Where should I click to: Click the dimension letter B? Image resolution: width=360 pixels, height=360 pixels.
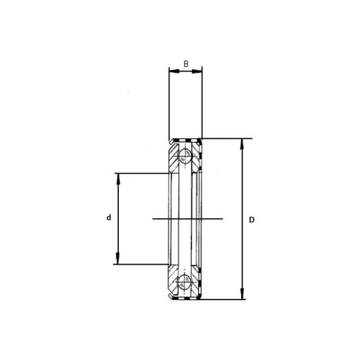coord(186,64)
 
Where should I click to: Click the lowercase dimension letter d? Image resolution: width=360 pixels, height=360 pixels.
coord(109,217)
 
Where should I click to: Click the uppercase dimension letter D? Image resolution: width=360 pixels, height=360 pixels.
coord(251,220)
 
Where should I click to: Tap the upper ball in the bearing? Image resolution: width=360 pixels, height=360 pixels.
coord(185,156)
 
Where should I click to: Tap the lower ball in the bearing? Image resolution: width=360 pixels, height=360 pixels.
coord(185,281)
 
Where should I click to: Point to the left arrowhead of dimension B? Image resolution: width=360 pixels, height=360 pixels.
coord(174,71)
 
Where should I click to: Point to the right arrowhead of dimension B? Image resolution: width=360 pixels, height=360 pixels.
coord(197,71)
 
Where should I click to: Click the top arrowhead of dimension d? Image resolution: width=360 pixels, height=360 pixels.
coord(118,179)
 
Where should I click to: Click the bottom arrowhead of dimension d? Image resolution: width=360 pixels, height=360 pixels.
coord(118,258)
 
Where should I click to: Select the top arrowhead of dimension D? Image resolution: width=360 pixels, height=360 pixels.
coord(243,145)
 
